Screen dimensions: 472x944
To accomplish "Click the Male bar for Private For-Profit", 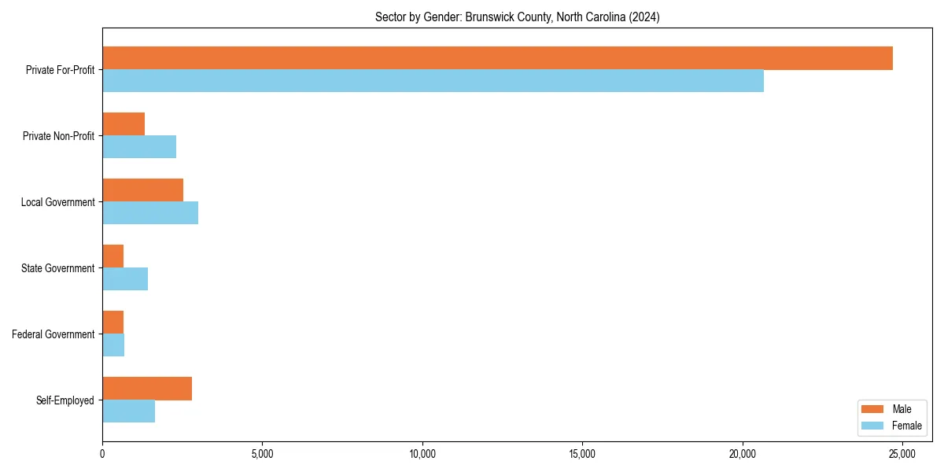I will coord(497,58).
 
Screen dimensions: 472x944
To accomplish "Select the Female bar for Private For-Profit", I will coord(433,81).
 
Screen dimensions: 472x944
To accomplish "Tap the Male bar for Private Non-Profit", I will coord(124,124).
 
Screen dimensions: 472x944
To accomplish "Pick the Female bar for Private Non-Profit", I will coord(139,147).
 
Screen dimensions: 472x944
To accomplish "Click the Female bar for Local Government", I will coord(150,213).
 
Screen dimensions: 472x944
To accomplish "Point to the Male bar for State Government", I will coord(112,256).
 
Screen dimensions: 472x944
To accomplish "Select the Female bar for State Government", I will coord(125,279).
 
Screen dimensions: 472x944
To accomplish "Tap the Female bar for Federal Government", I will coord(113,345).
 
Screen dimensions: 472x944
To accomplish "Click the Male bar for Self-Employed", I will coord(147,389).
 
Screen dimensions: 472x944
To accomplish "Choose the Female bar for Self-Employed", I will coord(128,411).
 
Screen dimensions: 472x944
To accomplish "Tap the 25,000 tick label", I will coord(902,454).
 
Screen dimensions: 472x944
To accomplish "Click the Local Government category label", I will coord(57,202).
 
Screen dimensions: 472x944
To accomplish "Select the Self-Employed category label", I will coord(65,400).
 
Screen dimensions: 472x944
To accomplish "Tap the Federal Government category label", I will coord(53,334).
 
